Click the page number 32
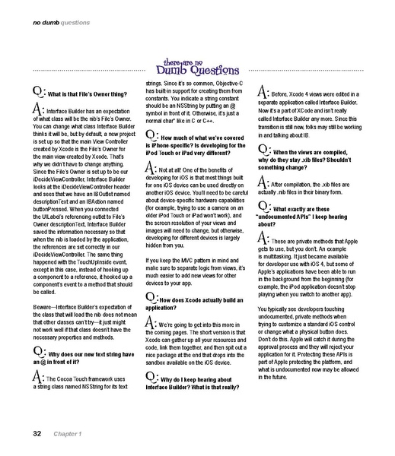(x=36, y=434)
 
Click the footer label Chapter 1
(x=67, y=434)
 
